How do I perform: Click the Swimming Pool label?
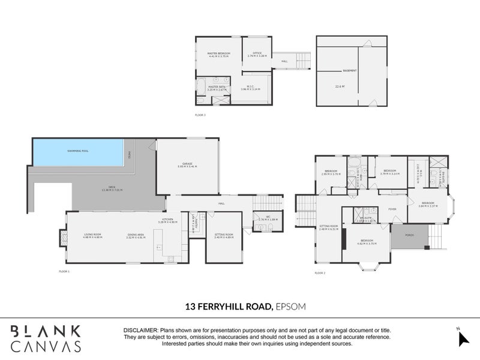pos(78,151)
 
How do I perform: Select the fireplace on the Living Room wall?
pos(62,238)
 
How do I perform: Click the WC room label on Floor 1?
pos(262,218)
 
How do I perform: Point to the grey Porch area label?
pos(409,235)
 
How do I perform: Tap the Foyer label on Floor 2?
pos(392,209)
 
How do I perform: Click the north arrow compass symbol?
pos(462,338)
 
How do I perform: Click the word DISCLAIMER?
pos(140,331)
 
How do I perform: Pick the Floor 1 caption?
pos(64,272)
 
